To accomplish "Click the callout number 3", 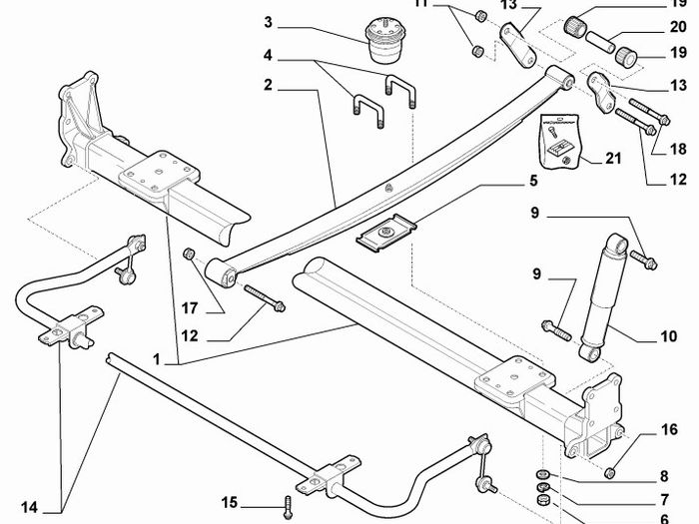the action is coord(268,22).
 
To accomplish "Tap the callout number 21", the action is coord(612,158).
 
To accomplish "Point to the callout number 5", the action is coord(534,181).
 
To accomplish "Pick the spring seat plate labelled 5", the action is coord(386,233).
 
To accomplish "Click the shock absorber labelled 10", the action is coord(603,297).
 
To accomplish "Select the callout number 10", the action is coord(668,336).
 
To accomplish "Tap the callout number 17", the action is coord(190,307).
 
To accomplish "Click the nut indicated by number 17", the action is coord(189,254).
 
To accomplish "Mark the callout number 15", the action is coord(229,503).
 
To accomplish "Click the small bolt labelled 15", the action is coord(288,508).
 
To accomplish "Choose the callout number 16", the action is coord(669,430).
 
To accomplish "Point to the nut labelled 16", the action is coord(610,472).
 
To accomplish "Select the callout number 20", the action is coord(678,27).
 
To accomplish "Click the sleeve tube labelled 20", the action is coord(601,42).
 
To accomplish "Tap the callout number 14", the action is coord(29,507).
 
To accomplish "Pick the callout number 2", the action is coord(268,85).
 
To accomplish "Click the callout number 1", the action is coord(156,359).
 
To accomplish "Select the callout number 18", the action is coord(678,149).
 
